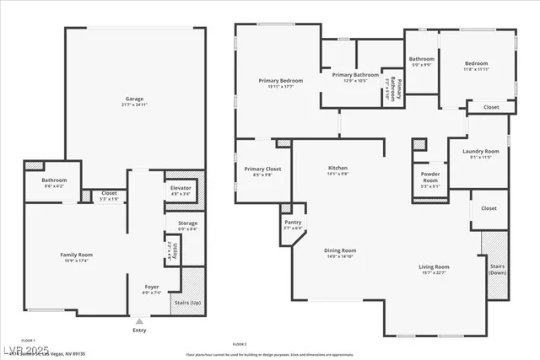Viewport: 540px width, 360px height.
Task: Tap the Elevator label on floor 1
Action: (x=181, y=190)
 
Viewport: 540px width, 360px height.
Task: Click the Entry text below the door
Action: (x=138, y=330)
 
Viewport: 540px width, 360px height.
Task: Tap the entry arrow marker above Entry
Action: (x=138, y=321)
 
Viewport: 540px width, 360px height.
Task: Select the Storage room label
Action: (x=187, y=224)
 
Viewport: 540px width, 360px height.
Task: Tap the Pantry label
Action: (x=293, y=225)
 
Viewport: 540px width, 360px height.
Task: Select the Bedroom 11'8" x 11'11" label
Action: (x=475, y=65)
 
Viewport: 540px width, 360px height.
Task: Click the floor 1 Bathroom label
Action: (x=55, y=181)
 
